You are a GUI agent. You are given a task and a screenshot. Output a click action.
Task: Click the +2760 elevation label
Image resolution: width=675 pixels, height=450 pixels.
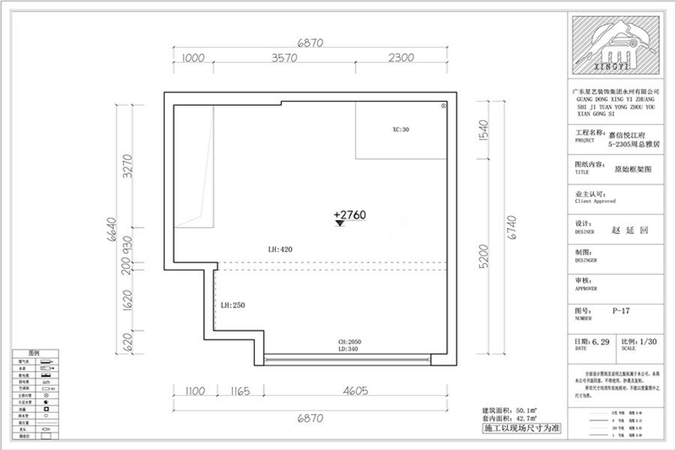click(x=349, y=214)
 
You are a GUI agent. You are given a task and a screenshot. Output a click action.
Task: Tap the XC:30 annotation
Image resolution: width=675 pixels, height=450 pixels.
click(x=401, y=129)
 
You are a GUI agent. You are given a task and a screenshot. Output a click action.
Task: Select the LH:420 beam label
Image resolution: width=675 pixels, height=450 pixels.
click(x=279, y=250)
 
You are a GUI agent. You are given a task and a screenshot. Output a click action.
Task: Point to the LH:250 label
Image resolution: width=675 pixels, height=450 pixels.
click(x=233, y=305)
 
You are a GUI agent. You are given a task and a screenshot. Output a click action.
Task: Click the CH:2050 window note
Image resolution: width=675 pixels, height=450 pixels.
click(x=349, y=341)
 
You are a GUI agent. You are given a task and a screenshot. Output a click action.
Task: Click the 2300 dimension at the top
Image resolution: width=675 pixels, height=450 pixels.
click(x=401, y=58)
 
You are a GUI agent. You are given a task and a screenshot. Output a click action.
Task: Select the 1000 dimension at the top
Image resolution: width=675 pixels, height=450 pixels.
click(x=193, y=58)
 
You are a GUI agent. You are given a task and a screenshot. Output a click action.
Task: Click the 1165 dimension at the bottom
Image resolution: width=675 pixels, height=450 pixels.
click(x=235, y=391)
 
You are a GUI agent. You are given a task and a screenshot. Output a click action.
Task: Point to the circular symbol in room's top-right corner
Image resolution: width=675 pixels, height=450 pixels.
click(x=443, y=107)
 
